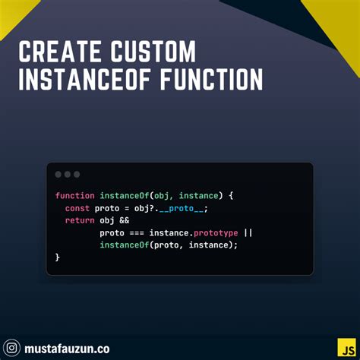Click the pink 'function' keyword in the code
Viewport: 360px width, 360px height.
[74, 195]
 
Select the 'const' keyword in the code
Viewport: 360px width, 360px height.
[77, 207]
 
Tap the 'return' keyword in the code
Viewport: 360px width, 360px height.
[80, 219]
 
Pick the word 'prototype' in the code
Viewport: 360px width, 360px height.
[215, 232]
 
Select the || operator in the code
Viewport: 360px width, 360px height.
[248, 232]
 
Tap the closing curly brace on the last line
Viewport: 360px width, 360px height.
[58, 257]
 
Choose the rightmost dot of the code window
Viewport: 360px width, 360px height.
[77, 174]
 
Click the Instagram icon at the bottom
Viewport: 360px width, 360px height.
[11, 348]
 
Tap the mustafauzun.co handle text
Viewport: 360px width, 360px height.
[68, 348]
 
